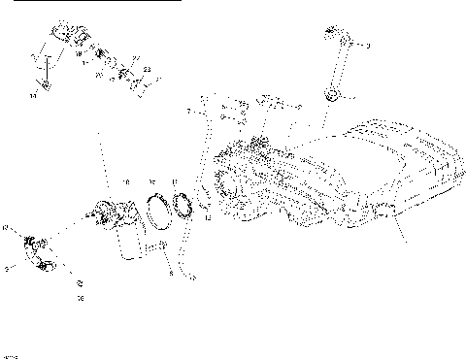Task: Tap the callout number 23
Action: click(x=147, y=70)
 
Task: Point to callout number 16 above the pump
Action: click(x=125, y=181)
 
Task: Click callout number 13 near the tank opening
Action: click(x=207, y=219)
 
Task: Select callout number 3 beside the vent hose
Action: click(x=368, y=46)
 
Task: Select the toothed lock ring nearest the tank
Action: click(x=181, y=207)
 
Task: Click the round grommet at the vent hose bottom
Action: click(x=332, y=95)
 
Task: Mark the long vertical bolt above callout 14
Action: click(x=40, y=70)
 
